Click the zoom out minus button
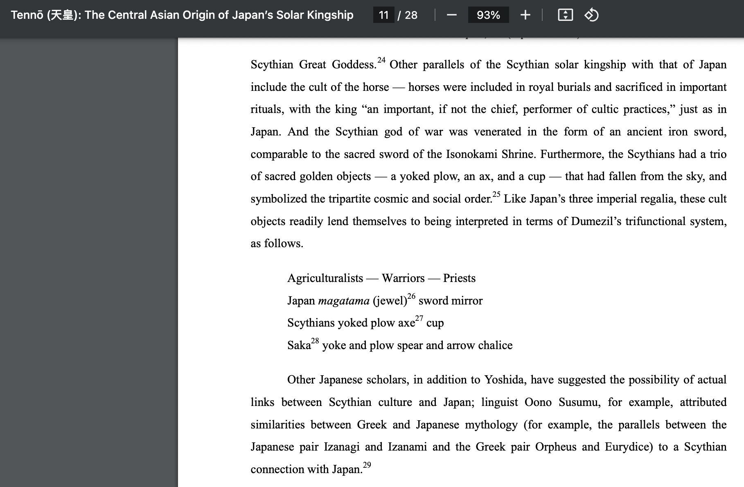point(452,15)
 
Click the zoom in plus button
point(525,15)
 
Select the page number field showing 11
point(383,15)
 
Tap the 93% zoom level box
point(488,15)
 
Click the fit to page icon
point(565,15)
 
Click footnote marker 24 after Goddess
point(381,61)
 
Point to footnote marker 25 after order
point(496,194)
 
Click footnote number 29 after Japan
point(367,465)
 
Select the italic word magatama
point(344,301)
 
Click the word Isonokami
point(471,154)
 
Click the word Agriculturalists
point(325,278)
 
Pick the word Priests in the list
point(459,278)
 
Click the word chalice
point(495,345)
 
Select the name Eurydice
point(629,447)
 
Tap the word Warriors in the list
point(403,278)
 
